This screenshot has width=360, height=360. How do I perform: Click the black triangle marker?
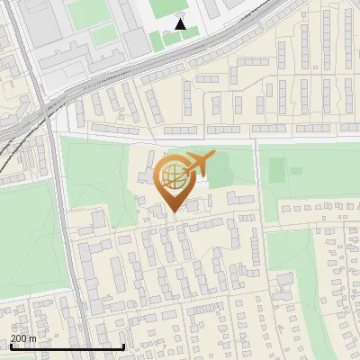181,24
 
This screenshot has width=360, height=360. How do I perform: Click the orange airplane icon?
200,164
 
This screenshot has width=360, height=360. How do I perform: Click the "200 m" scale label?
23,338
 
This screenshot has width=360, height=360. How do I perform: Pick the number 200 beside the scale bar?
19,338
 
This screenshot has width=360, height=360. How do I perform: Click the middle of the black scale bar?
67,346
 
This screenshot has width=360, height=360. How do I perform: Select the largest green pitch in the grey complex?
86,12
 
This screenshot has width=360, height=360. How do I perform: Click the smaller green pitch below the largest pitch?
104,35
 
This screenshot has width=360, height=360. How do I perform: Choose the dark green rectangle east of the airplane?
276,168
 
